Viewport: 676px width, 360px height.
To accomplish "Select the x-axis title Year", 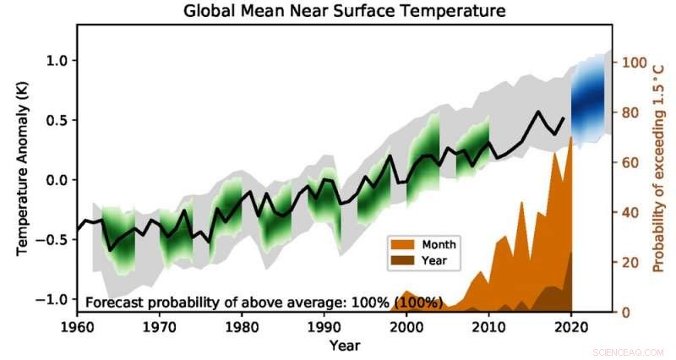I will point(345,346).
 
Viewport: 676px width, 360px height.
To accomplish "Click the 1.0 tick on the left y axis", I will point(56,61).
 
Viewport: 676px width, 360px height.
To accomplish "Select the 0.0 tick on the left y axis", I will point(56,181).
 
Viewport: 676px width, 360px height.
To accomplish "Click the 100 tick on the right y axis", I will point(635,63).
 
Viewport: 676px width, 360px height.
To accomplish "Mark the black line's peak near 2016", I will point(538,112).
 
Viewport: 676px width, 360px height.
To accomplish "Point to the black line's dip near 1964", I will point(110,250).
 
